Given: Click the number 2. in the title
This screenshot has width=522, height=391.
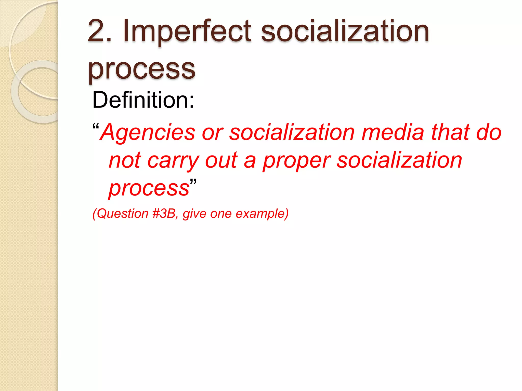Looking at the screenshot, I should point(99,31).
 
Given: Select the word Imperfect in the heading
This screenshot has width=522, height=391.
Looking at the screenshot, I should point(187,31).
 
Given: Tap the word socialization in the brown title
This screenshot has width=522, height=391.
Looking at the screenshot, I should point(345,31).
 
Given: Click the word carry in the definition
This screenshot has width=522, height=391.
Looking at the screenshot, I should point(173,161).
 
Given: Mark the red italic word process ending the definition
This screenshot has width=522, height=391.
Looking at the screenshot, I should point(149,188).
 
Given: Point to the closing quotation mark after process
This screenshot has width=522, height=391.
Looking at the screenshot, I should point(193,182).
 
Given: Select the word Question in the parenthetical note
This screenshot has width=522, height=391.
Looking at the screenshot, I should point(123,214).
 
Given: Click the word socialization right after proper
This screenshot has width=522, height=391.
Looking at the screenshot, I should point(399,161).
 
